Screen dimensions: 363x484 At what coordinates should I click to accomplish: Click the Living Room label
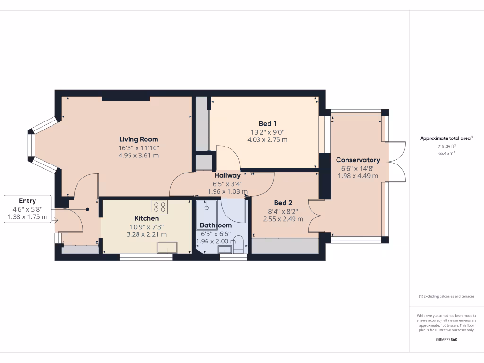click(138, 139)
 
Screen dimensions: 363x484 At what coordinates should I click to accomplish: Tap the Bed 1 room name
click(268, 124)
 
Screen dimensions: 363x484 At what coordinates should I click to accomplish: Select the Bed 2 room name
click(283, 203)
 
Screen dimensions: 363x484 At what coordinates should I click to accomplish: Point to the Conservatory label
click(358, 160)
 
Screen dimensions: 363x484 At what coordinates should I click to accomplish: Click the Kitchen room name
click(147, 218)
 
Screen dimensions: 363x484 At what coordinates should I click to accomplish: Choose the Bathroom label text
click(216, 225)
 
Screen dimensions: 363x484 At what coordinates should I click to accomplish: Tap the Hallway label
click(227, 175)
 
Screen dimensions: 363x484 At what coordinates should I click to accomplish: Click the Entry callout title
click(27, 201)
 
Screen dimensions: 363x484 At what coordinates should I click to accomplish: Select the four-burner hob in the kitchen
click(159, 207)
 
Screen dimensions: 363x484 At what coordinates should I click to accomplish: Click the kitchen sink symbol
click(167, 248)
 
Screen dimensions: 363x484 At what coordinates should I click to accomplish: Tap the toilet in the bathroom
click(239, 245)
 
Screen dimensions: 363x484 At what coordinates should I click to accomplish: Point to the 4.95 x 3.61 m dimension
click(138, 155)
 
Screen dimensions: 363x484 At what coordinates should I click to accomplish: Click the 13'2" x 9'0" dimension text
click(268, 132)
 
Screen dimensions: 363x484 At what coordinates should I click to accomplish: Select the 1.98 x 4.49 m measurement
click(358, 176)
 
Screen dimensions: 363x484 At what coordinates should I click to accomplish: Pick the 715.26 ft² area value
click(446, 147)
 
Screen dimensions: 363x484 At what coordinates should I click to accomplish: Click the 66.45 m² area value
click(446, 153)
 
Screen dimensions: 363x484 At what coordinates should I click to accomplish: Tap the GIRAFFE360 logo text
click(446, 340)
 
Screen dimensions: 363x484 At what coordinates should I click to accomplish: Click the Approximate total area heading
click(446, 138)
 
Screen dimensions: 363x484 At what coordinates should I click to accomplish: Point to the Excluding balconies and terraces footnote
click(446, 296)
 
